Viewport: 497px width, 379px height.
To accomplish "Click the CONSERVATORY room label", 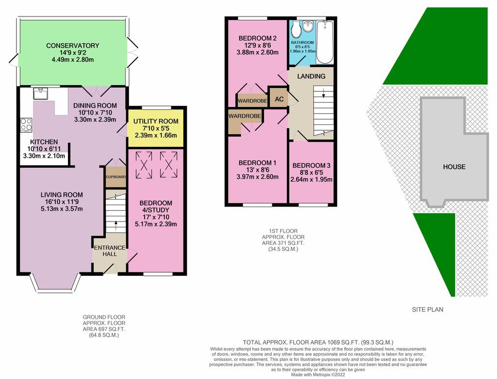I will [73, 46].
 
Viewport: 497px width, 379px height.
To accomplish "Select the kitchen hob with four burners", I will [26, 125].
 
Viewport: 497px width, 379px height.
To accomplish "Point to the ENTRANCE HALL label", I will [109, 251].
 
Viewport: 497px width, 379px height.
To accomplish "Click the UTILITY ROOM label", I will [155, 121].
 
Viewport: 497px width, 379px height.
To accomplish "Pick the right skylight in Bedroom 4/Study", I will [169, 165].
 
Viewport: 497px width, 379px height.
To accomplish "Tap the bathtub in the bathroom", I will [325, 42].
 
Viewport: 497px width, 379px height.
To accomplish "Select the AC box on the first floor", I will [279, 99].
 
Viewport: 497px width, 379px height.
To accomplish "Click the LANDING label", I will [311, 76].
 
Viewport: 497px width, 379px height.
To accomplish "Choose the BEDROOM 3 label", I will [311, 165].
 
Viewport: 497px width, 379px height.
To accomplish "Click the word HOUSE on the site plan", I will [454, 167].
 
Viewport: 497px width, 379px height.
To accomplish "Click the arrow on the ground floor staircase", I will [116, 225].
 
